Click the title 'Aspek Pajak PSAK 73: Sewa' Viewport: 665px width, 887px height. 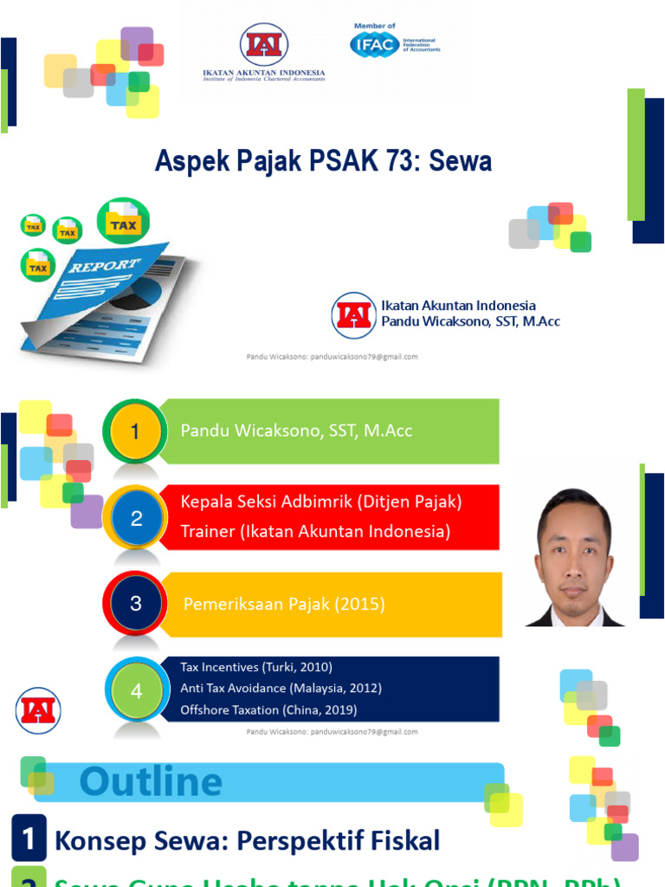pyautogui.click(x=323, y=160)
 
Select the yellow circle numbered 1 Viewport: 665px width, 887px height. pyautogui.click(x=135, y=431)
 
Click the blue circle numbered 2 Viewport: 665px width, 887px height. pyautogui.click(x=136, y=519)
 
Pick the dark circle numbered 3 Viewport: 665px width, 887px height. pyautogui.click(x=136, y=604)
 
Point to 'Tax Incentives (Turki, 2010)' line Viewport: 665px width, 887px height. pyautogui.click(x=256, y=667)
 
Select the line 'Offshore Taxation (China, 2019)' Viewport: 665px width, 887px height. pyautogui.click(x=268, y=709)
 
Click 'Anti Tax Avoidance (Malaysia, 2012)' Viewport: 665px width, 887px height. pyautogui.click(x=281, y=688)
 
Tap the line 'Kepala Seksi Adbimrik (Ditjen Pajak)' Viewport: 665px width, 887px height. pyautogui.click(x=321, y=502)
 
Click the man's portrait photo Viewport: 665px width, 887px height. pyautogui.click(x=575, y=557)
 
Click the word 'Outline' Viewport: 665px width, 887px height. pyautogui.click(x=151, y=782)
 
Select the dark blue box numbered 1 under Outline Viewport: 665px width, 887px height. pyautogui.click(x=29, y=839)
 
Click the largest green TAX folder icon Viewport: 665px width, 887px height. pyautogui.click(x=123, y=222)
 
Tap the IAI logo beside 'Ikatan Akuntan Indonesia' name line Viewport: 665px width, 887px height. pyautogui.click(x=353, y=314)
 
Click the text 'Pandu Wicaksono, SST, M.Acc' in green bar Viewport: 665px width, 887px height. pyautogui.click(x=296, y=431)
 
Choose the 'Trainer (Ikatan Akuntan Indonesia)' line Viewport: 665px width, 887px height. pyautogui.click(x=315, y=531)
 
